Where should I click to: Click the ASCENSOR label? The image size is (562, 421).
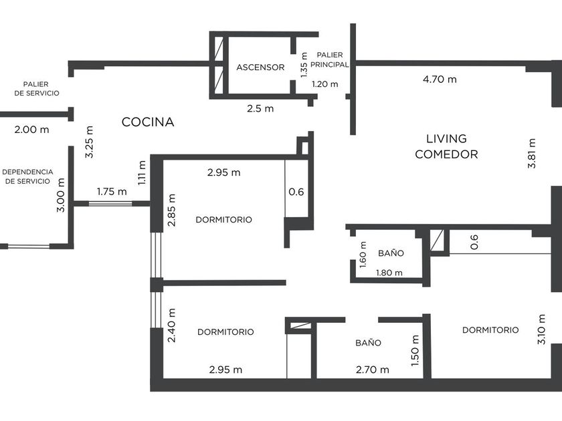point(260,67)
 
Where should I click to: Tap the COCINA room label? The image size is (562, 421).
point(148,122)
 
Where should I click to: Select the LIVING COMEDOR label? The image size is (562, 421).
point(446,146)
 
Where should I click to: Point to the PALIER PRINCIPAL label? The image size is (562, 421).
point(329,59)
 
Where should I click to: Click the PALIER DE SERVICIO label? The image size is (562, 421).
point(37,88)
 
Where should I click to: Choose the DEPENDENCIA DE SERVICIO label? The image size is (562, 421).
point(27,176)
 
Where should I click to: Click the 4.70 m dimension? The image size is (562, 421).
point(440,79)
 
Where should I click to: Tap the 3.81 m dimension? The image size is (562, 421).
point(532,153)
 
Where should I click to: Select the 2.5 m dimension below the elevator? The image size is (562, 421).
point(260,108)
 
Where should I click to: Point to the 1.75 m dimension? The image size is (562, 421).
point(112,192)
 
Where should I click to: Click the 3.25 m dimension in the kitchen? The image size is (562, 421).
point(89,142)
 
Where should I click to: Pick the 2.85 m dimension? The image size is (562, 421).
point(172,210)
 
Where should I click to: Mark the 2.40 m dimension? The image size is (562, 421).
point(172,325)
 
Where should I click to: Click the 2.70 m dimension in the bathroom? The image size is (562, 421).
point(373,370)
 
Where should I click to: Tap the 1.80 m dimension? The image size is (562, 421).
point(389,273)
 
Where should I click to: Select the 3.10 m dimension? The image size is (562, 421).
point(541,329)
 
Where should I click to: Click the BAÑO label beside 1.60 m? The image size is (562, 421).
point(391,253)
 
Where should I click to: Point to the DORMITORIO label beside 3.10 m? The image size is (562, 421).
point(490,329)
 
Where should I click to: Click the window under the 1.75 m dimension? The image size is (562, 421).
point(110,204)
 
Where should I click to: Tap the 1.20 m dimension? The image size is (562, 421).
point(324,84)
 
